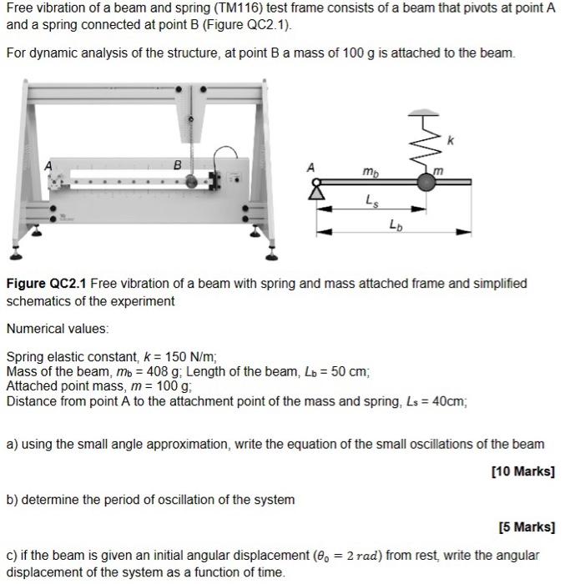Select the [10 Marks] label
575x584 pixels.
pos(523,471)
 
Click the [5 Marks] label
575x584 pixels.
pos(527,527)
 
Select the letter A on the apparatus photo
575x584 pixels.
pos(49,166)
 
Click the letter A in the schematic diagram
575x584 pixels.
pos(311,167)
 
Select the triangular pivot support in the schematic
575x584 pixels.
pos(316,194)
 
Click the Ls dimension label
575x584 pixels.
pos(370,199)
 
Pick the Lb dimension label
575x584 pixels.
pos(394,224)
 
